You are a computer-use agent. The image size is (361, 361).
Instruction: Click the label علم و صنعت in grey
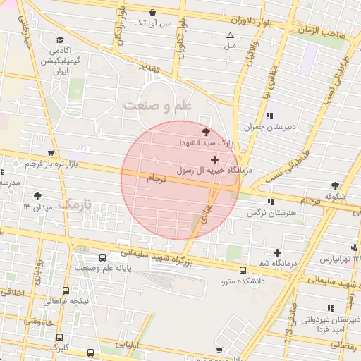[158, 106]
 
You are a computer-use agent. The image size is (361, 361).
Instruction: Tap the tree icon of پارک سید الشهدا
[206, 132]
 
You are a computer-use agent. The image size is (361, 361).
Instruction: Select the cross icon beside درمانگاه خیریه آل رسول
[214, 160]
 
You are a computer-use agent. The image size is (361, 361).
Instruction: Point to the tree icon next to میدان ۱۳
[37, 197]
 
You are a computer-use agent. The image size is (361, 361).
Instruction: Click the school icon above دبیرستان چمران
[269, 116]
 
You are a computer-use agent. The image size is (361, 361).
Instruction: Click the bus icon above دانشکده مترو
[243, 270]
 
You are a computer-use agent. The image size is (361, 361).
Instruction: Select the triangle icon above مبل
[229, 35]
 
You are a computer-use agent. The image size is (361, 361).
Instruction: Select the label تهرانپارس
[336, 259]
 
